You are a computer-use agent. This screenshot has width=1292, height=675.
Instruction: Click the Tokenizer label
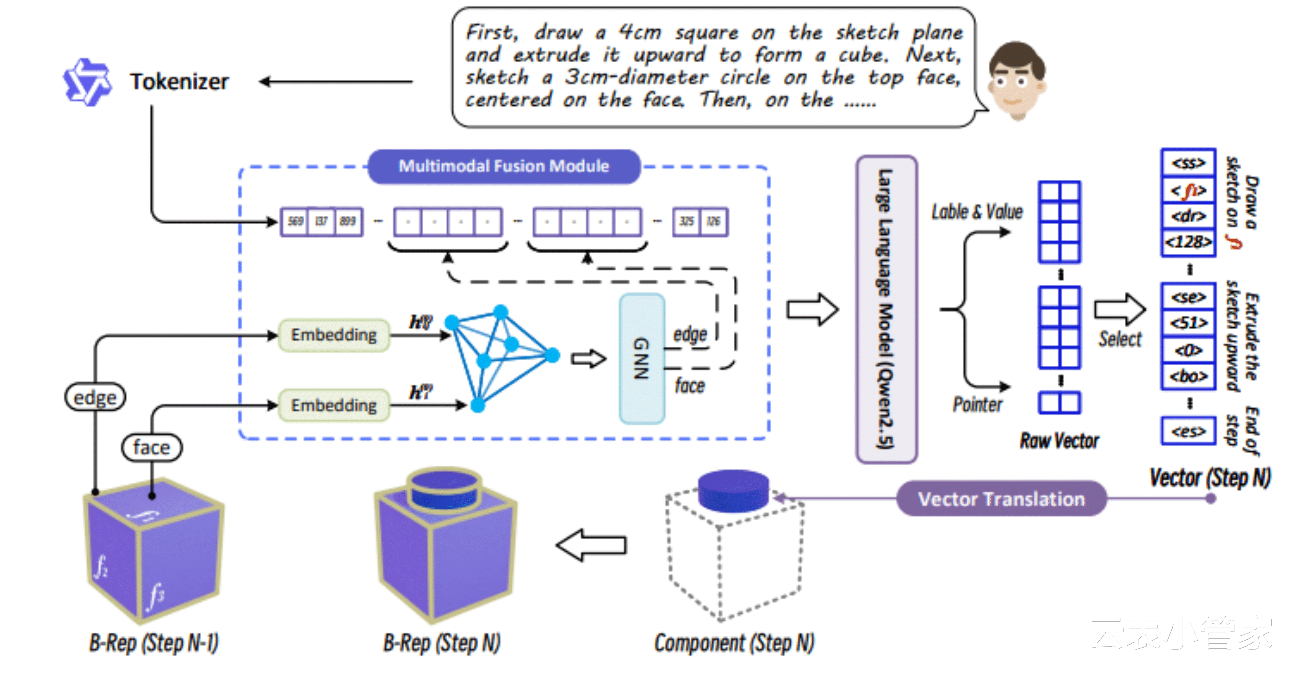[x=179, y=82]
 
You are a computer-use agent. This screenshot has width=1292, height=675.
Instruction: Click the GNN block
[x=642, y=358]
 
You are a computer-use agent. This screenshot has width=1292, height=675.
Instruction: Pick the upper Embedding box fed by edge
[x=333, y=335]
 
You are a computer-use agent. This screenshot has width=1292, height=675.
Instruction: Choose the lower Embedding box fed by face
[x=333, y=405]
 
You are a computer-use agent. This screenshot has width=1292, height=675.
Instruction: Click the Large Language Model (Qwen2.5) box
[x=886, y=309]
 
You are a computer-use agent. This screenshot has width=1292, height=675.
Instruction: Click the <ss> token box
[x=1188, y=163]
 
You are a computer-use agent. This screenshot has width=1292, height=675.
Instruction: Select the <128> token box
[x=1188, y=242]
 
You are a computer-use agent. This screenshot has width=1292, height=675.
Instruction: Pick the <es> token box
[x=1188, y=431]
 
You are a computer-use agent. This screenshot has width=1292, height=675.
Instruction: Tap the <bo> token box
[x=1188, y=376]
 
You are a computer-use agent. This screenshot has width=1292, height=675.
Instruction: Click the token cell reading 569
[x=295, y=222]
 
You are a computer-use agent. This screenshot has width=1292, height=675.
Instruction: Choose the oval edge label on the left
[x=95, y=397]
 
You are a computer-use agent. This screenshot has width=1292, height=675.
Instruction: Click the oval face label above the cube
[x=152, y=447]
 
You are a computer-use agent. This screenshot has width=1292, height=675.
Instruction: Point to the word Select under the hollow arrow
[x=1120, y=339]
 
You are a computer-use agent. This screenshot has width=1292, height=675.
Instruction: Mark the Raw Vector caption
[x=1059, y=441]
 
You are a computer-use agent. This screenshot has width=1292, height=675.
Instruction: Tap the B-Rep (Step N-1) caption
[x=154, y=643]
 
